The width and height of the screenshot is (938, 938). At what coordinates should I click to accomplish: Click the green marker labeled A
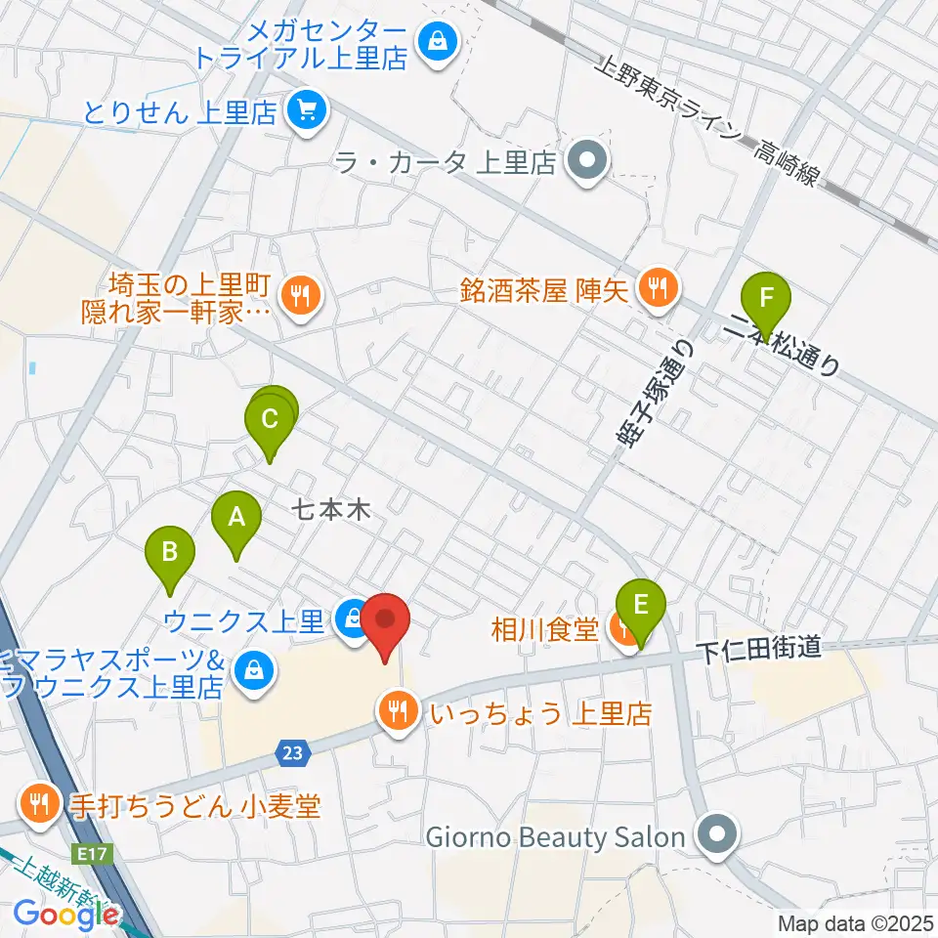click(x=235, y=518)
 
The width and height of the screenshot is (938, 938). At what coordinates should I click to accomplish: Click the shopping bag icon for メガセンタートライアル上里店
click(x=435, y=41)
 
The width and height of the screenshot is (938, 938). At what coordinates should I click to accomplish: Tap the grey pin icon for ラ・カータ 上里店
click(x=586, y=159)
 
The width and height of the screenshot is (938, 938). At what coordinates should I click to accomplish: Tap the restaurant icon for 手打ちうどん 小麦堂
click(x=40, y=805)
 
